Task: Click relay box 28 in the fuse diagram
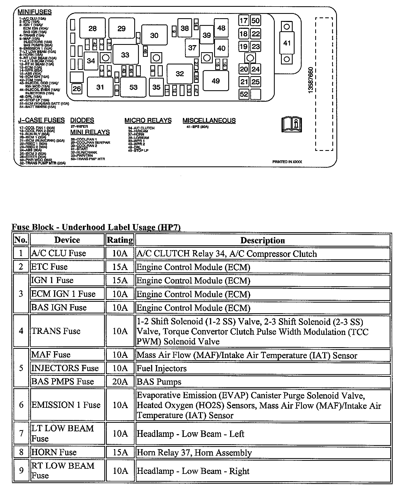[x=92, y=29]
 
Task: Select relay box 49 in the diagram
[x=215, y=81]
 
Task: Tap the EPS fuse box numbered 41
[x=287, y=43]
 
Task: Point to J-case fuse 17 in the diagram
[x=243, y=21]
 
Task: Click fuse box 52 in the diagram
[x=244, y=94]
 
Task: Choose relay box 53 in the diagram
[x=133, y=87]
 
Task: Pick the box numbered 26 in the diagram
[x=77, y=89]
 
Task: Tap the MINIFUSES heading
[x=35, y=12]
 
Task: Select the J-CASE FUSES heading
[x=41, y=120]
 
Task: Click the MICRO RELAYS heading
[x=148, y=120]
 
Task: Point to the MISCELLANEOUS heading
[x=209, y=120]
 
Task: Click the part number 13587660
[x=311, y=80]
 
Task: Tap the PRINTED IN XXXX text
[x=287, y=162]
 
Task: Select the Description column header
[x=262, y=240]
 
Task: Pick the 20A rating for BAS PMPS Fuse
[x=120, y=381]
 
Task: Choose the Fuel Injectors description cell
[x=262, y=368]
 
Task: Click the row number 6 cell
[x=21, y=405]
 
